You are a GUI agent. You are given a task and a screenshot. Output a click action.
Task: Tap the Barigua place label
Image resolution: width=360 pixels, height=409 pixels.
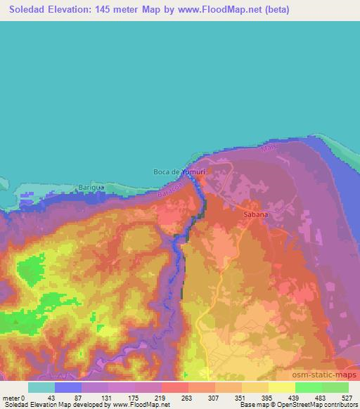[90, 188]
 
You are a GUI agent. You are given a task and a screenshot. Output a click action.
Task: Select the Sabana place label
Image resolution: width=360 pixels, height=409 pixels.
[255, 214]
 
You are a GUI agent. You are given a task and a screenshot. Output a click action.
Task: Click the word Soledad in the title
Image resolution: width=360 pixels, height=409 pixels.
[27, 10]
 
